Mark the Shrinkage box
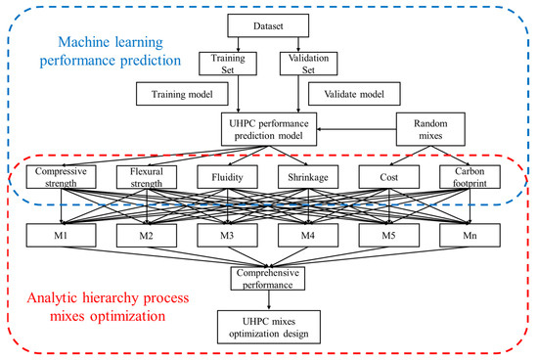(309, 178)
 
